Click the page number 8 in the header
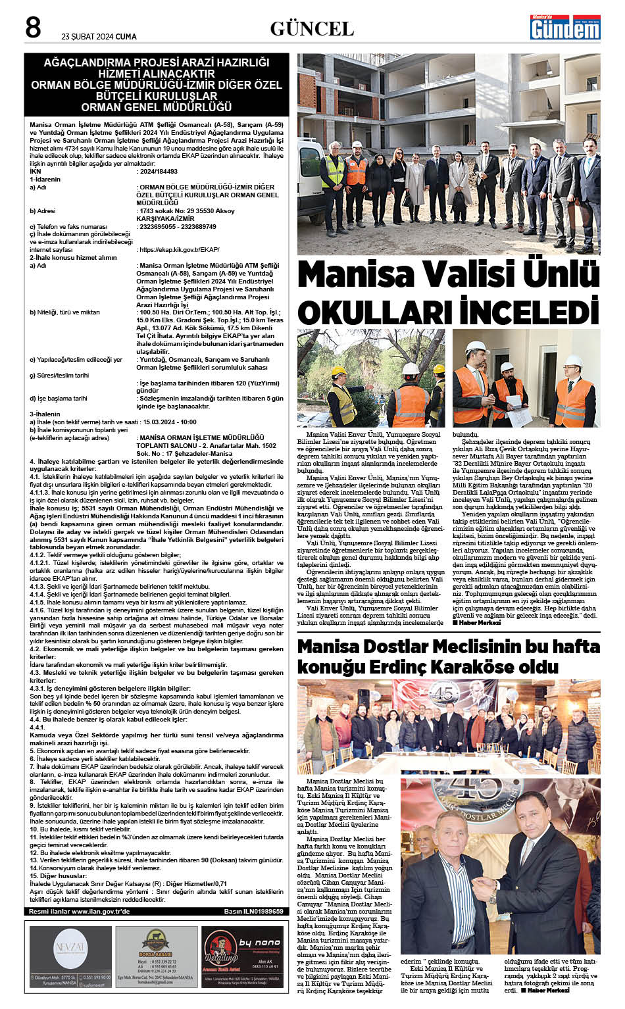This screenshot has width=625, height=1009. click(33, 28)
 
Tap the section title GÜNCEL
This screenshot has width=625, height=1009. click(312, 28)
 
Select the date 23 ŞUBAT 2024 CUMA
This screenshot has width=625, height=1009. click(99, 37)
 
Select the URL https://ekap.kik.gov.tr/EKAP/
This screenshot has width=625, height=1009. click(178, 250)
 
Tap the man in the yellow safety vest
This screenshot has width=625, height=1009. click(332, 172)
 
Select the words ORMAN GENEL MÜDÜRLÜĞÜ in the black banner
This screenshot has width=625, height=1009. click(157, 107)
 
